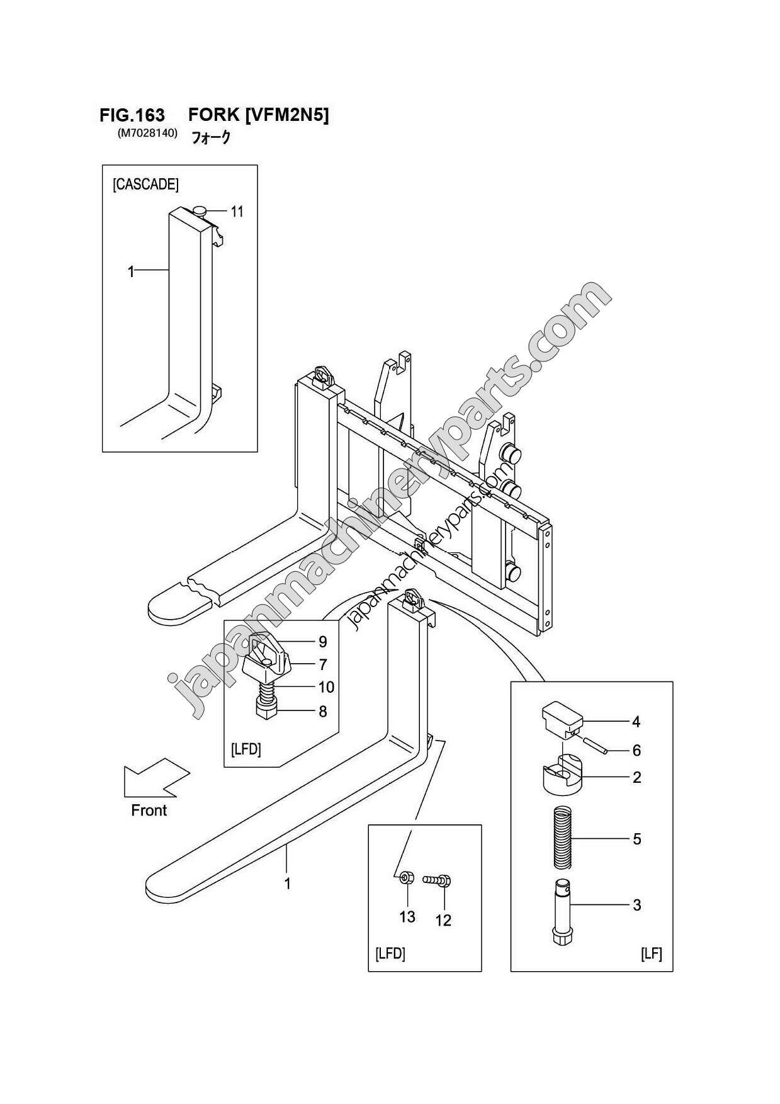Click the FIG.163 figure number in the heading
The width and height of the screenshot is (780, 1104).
pos(132,115)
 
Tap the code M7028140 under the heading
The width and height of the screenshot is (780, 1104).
pos(147,134)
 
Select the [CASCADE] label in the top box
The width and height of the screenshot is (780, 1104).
pos(145,185)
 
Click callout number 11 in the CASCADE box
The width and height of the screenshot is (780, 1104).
pos(237,212)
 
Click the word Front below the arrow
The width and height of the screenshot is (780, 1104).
pos(149,811)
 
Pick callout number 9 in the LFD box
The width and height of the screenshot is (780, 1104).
pos(322,642)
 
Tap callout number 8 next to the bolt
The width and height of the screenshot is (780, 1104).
pos(322,712)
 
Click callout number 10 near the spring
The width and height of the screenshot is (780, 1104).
pos(326,687)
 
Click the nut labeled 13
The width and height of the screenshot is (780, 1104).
pos(405,877)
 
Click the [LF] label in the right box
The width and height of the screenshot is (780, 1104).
pos(651,954)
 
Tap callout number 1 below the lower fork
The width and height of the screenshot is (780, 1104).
pos(287,884)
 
